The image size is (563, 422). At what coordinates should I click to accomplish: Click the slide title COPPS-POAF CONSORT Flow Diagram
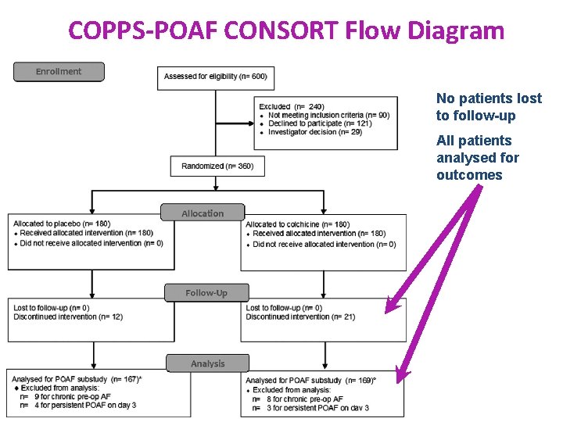tap(286, 30)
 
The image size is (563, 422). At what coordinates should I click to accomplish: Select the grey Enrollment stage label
tap(59, 72)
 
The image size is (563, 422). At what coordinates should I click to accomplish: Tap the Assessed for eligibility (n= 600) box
tap(215, 77)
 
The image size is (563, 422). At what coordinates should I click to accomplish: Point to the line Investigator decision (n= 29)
tap(314, 132)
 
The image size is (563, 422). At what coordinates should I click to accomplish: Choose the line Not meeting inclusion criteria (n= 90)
tap(328, 115)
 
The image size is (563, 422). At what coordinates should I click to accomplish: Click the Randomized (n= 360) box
tap(217, 166)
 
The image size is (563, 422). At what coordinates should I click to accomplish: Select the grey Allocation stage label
tap(203, 213)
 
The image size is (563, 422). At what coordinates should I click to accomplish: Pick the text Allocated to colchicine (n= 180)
tap(297, 224)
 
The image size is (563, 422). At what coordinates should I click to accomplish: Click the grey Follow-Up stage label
tap(206, 293)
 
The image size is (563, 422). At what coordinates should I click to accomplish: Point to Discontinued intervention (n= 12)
tap(68, 316)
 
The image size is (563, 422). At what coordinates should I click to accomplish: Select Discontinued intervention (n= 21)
tap(300, 316)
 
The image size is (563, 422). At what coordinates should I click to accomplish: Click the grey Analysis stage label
tap(207, 363)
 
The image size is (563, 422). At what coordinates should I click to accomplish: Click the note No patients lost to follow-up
tap(489, 107)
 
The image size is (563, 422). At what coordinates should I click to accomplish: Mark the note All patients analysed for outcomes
tap(477, 158)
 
